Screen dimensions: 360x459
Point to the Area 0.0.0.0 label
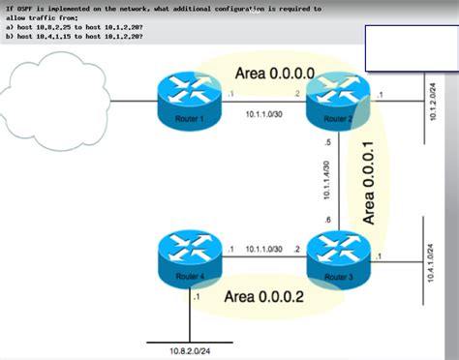point(274,73)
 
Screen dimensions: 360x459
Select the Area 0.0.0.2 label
point(263,297)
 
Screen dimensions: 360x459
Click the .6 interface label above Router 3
point(327,221)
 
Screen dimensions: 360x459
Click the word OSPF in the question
point(27,8)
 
